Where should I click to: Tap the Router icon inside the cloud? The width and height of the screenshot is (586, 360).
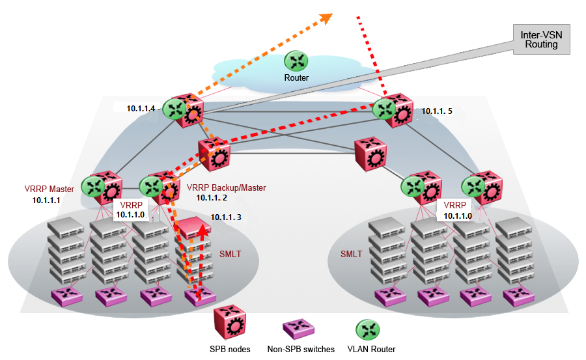tap(296, 61)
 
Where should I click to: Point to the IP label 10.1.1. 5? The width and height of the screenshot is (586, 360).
tap(436, 111)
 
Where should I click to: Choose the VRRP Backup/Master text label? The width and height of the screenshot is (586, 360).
tap(226, 187)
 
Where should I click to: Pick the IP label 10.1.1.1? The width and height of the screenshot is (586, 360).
tap(46, 201)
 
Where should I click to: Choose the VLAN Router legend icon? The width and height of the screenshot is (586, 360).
tap(369, 328)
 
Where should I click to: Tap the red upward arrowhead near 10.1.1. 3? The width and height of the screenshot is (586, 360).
tap(204, 230)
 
